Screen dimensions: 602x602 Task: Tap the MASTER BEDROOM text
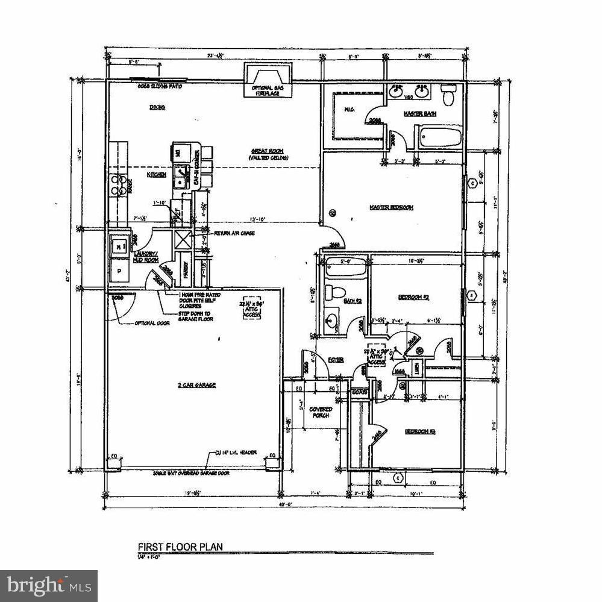(x=391, y=207)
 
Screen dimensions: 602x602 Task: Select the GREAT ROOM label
(x=268, y=151)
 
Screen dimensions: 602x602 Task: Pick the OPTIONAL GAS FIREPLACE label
(x=268, y=90)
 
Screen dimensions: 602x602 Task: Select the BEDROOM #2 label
(x=413, y=297)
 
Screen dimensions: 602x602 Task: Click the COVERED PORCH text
(x=321, y=413)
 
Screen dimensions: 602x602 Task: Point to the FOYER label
(x=336, y=360)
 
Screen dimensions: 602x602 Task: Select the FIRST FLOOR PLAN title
(x=181, y=547)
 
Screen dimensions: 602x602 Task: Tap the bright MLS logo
(x=49, y=585)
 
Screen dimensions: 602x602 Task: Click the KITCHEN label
(x=157, y=174)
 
